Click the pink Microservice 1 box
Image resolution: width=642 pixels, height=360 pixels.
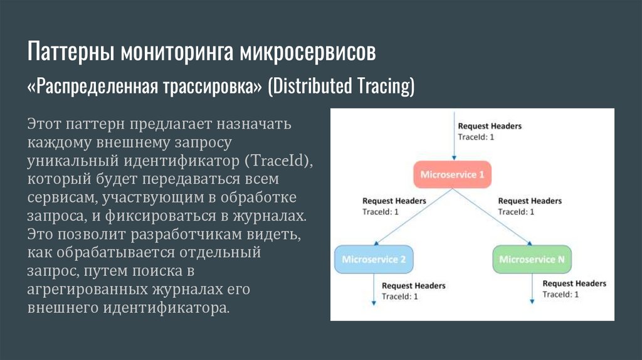(x=452, y=175)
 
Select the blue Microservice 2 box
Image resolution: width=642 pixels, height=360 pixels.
(x=374, y=259)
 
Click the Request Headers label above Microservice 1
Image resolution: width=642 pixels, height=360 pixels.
(x=490, y=126)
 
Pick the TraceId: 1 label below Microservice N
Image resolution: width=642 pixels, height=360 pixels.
(x=560, y=294)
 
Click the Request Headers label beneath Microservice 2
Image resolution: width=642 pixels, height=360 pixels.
(x=414, y=285)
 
